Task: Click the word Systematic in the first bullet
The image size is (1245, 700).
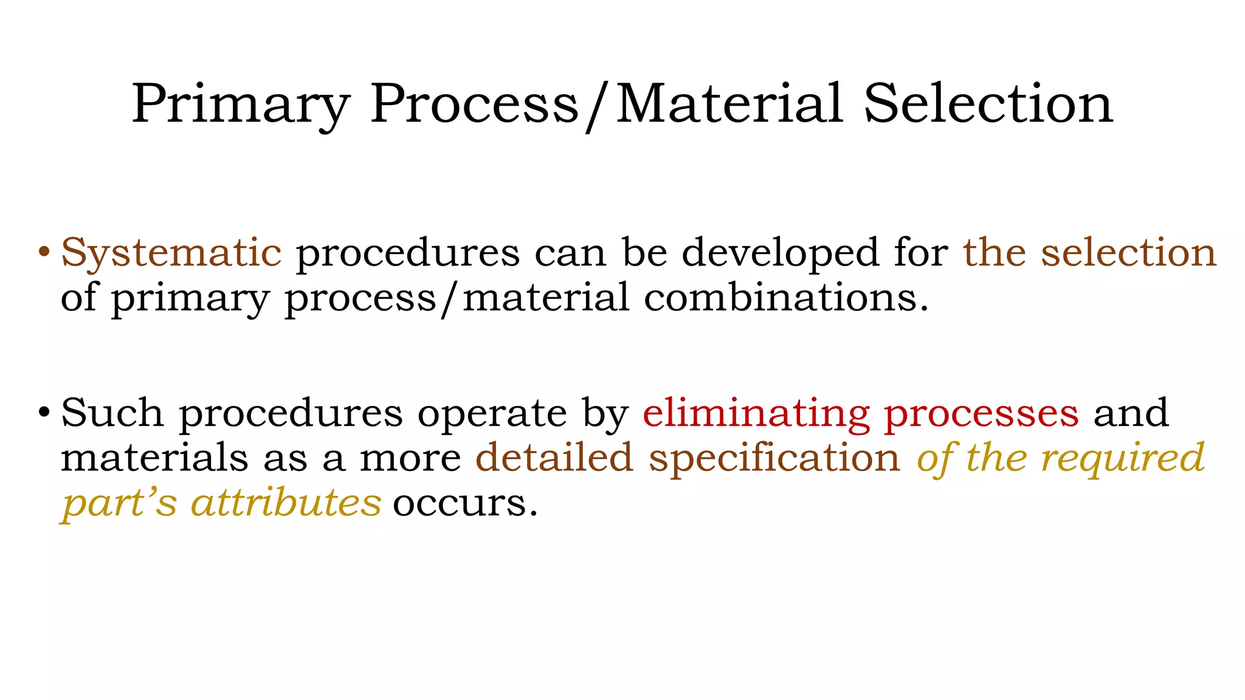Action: pyautogui.click(x=171, y=253)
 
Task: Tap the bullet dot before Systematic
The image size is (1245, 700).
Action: pyautogui.click(x=43, y=251)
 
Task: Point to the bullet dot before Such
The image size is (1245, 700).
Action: pyautogui.click(x=43, y=412)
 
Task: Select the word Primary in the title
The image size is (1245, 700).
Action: pyautogui.click(x=241, y=105)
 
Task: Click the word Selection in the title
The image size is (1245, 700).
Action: pyautogui.click(x=988, y=105)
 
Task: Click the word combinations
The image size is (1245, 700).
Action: pyautogui.click(x=785, y=298)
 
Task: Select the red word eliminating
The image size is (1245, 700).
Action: pyautogui.click(x=756, y=413)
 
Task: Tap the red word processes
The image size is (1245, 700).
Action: pyautogui.click(x=981, y=413)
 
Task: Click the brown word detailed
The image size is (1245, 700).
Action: pyautogui.click(x=554, y=458)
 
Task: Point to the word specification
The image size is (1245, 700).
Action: pyautogui.click(x=774, y=459)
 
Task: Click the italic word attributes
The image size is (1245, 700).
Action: pyautogui.click(x=286, y=503)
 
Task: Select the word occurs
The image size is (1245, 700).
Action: pyautogui.click(x=465, y=504)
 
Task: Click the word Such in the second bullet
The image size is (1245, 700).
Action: pyautogui.click(x=112, y=413)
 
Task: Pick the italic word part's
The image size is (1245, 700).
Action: pyautogui.click(x=120, y=504)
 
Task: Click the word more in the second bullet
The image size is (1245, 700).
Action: pyautogui.click(x=410, y=459)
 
